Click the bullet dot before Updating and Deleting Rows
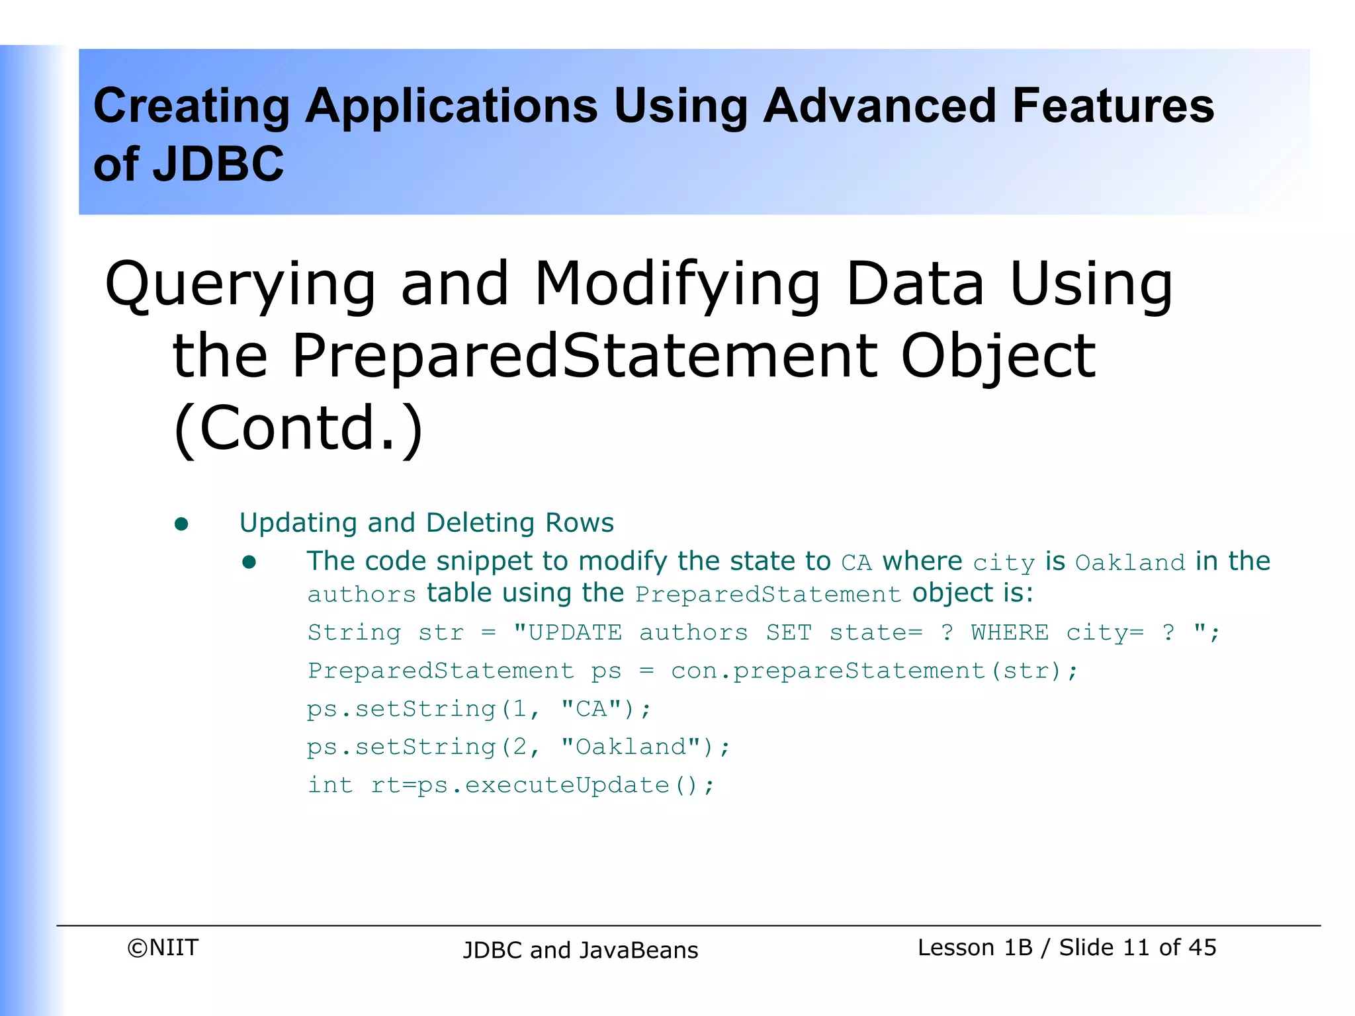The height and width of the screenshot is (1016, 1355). point(181,525)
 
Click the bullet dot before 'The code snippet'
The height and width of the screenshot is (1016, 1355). point(249,562)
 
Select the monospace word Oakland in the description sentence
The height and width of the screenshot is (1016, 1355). point(1129,563)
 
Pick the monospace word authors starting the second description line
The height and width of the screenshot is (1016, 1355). point(361,595)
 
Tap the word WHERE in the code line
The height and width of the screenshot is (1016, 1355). point(1009,632)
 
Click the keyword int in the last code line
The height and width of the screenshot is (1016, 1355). point(330,785)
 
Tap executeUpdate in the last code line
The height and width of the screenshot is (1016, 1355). point(567,785)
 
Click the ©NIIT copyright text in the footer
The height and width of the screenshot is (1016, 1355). point(163,948)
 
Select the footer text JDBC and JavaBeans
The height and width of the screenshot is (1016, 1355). point(580,950)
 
